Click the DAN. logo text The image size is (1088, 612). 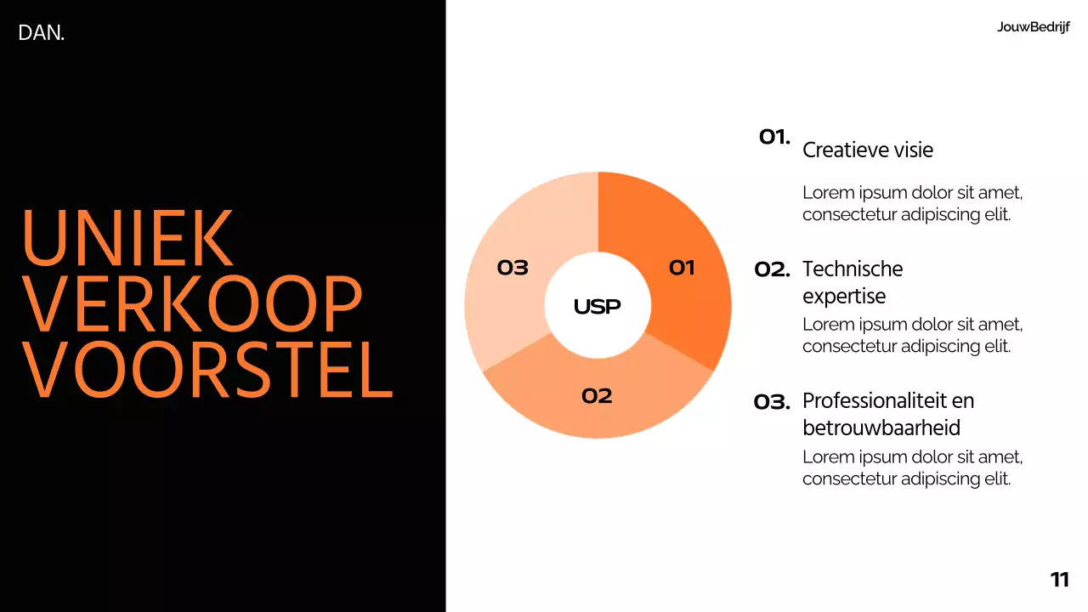[41, 34]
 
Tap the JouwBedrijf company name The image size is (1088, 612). [1033, 27]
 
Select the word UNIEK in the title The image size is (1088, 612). [127, 237]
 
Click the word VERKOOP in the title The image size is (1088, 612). [192, 303]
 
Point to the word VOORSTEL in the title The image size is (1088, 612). [207, 370]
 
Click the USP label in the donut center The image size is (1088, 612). [597, 307]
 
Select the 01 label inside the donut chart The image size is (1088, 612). [682, 269]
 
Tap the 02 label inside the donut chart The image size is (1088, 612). [597, 396]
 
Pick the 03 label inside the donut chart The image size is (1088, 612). [513, 269]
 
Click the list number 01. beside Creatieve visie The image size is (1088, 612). [774, 137]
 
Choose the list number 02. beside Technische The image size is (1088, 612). [772, 270]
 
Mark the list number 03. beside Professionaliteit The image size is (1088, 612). [772, 402]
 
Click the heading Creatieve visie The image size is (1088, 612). [867, 150]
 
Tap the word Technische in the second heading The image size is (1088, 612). [852, 269]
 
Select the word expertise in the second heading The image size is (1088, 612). [843, 297]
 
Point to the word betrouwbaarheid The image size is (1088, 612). [881, 428]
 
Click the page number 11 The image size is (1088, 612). [1059, 581]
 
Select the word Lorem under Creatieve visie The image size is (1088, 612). [827, 192]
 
